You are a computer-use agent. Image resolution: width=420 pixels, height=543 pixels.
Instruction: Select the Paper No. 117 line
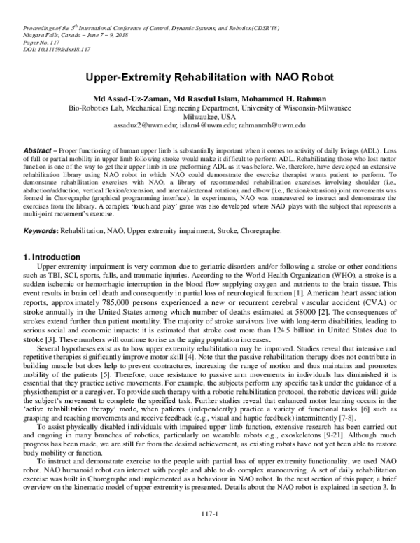pos(30,42)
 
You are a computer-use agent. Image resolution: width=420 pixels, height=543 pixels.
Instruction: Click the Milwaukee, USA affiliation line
pos(209,115)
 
